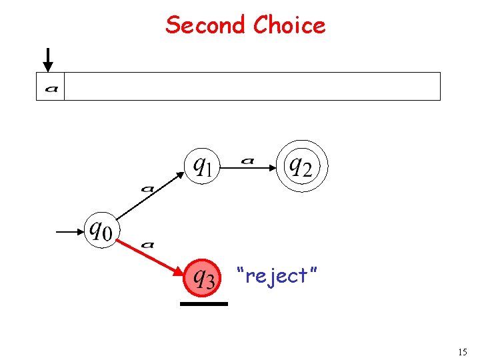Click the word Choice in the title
pos(289,25)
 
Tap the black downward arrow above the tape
pos(48,60)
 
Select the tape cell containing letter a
pos(50,87)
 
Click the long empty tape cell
pos(252,87)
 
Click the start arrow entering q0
pos(69,232)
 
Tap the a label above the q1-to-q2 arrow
pos(247,160)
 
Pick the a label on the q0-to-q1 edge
pos(147,189)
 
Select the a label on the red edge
pos(148,245)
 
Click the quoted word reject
pos(277,275)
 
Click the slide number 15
pos(463,352)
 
